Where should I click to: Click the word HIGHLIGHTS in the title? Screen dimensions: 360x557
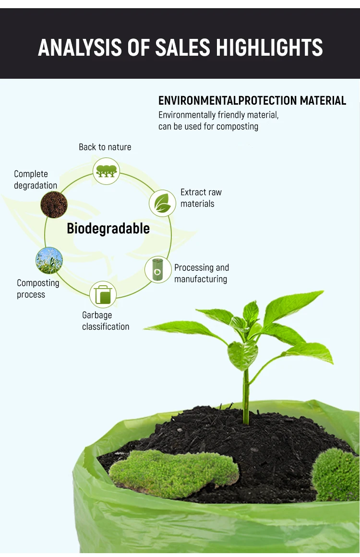click(x=269, y=48)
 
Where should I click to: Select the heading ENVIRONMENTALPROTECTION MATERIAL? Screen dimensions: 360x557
click(x=252, y=101)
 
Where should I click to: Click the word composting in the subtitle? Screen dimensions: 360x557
click(x=237, y=127)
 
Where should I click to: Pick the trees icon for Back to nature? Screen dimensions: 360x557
click(x=106, y=171)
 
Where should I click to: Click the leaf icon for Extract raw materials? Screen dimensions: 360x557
click(x=162, y=203)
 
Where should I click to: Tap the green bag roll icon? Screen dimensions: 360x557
click(x=157, y=269)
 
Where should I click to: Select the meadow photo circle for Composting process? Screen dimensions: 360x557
click(x=49, y=261)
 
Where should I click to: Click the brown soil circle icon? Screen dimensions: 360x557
click(x=54, y=205)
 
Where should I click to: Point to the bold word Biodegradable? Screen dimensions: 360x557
click(x=108, y=229)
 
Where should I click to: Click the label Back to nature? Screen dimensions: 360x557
click(x=105, y=147)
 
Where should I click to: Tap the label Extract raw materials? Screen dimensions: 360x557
click(x=201, y=198)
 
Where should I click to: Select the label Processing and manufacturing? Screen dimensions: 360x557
click(x=201, y=273)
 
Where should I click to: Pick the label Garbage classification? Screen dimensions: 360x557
click(x=106, y=321)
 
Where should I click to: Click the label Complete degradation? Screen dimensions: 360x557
click(x=36, y=180)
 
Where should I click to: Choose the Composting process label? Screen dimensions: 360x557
click(x=38, y=289)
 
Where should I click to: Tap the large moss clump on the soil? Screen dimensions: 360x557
click(x=173, y=473)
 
